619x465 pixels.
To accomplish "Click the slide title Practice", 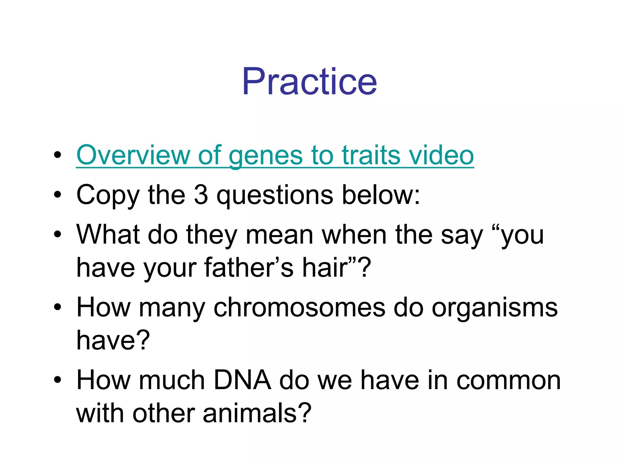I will pos(309,82).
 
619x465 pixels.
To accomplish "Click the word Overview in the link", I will pos(133,155).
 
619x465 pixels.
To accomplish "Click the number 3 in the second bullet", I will pos(201,195).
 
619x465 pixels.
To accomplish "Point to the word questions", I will pos(275,196).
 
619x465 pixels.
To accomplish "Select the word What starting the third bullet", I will pos(108,234).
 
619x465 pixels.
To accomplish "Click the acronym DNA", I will pos(242,380).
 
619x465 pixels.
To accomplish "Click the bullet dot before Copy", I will pos(57,195).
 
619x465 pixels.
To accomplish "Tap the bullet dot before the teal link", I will pos(57,156).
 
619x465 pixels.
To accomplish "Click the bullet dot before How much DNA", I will pos(57,380).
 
